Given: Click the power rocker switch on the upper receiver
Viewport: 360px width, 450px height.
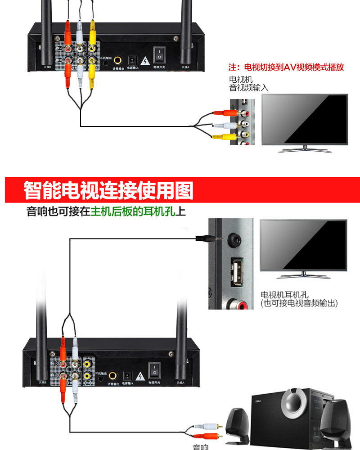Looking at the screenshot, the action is coord(158,55).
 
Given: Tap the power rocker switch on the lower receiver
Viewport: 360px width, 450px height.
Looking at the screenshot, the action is coord(154,369).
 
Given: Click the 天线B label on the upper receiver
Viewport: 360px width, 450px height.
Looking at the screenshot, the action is coord(47,67).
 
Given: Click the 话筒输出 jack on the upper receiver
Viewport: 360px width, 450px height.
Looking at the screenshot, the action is coord(118,60).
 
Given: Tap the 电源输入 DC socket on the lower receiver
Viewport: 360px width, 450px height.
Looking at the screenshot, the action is coord(127,374).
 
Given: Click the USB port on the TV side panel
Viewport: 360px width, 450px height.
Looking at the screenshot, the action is coord(236,271).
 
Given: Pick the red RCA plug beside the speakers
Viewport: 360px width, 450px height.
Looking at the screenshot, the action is coord(210,435).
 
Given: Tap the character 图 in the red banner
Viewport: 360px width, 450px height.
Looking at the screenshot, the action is coord(183,191).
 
